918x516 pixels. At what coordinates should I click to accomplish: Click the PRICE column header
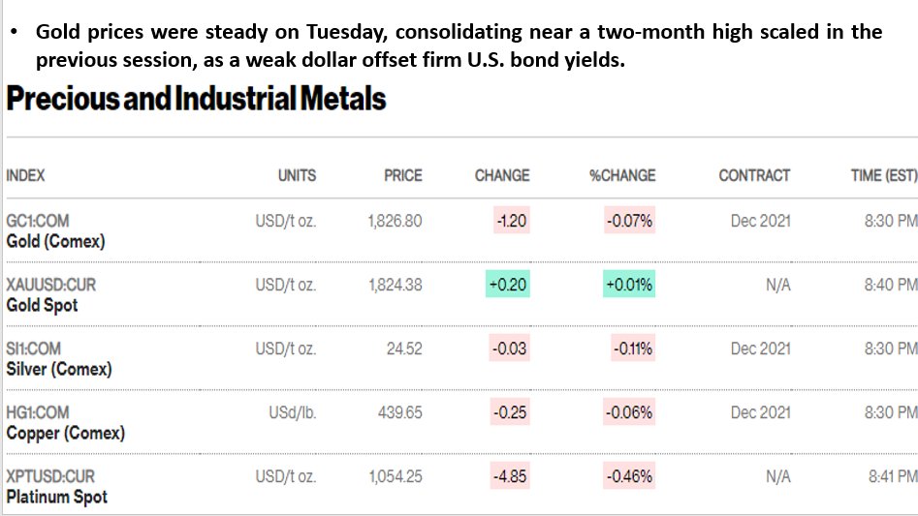[403, 175]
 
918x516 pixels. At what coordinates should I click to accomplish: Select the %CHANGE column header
[622, 175]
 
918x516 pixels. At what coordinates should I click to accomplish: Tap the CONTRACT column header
[754, 175]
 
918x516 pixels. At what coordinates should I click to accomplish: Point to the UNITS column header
[297, 175]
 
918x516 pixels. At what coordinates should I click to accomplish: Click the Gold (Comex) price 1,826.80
[395, 221]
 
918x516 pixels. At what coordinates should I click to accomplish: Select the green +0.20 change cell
[508, 284]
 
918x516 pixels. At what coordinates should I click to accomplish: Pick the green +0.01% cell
[629, 284]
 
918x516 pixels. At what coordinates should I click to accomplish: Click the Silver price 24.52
[404, 349]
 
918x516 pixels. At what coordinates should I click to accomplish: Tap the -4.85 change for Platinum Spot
[510, 476]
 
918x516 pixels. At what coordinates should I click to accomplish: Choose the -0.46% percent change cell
[629, 476]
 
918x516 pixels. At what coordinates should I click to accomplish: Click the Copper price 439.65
[400, 412]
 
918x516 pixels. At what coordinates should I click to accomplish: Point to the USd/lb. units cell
[292, 412]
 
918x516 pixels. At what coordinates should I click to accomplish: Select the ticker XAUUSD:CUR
[51, 285]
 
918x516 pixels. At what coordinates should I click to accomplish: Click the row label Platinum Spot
[57, 497]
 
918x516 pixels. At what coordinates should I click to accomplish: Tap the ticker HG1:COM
[38, 412]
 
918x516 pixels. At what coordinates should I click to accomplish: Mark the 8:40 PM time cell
[891, 285]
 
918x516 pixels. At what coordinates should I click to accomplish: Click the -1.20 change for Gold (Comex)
[512, 221]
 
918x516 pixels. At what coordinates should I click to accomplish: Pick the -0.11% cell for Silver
[632, 349]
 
